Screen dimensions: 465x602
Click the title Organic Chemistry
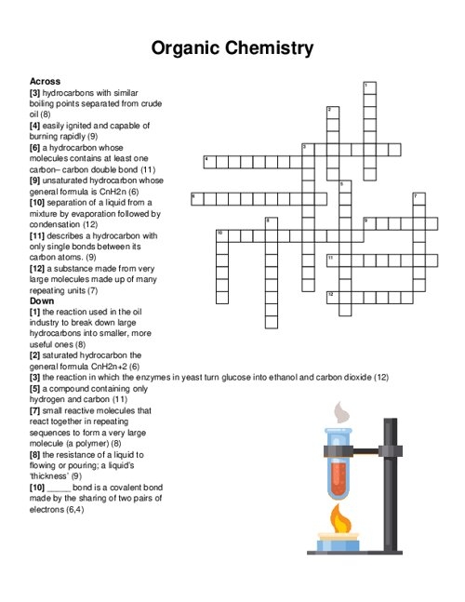coord(232,47)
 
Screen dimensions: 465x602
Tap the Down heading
coord(42,301)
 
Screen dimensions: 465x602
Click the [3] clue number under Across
coord(35,93)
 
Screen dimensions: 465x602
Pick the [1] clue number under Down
coord(35,312)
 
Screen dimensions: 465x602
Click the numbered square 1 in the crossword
coord(369,87)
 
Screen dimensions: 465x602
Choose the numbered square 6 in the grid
coord(196,198)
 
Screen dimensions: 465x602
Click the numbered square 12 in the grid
coord(332,296)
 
